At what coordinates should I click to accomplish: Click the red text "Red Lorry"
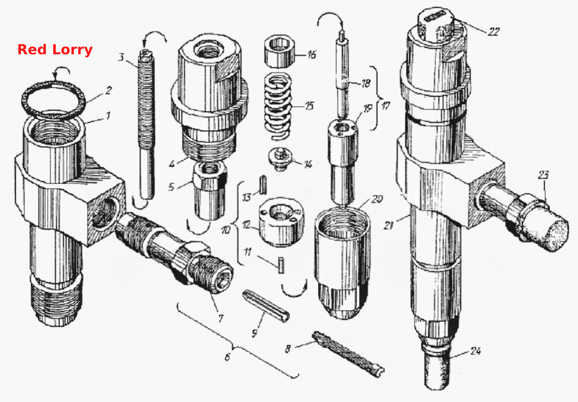[55, 50]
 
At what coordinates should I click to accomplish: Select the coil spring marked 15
[279, 107]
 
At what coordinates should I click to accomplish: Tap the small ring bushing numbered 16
[280, 51]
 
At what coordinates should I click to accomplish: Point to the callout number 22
[493, 32]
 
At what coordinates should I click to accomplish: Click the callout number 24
[476, 351]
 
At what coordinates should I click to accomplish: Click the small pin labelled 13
[262, 184]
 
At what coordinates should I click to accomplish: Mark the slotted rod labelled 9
[267, 306]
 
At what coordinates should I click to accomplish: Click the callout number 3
[121, 58]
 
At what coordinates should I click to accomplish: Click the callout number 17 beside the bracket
[386, 106]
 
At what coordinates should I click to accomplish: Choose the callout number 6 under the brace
[228, 357]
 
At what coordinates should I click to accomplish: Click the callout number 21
[389, 225]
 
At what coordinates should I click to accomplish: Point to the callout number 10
[226, 230]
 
